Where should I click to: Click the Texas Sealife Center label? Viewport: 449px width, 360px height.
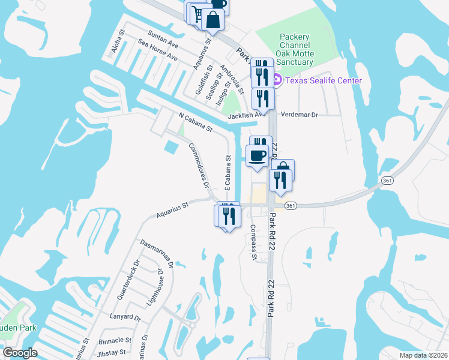[x=324, y=80]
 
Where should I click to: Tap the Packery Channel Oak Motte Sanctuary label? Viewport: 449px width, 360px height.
[x=295, y=50]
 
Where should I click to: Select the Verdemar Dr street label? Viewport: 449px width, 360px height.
[x=299, y=114]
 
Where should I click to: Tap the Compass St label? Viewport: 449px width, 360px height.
[x=254, y=242]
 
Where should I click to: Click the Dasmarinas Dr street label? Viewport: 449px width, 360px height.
[x=157, y=253]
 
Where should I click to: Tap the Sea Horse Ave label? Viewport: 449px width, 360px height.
[x=158, y=50]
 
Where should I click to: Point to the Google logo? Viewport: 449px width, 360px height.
[x=20, y=353]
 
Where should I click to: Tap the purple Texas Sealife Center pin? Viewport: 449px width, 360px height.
[x=277, y=80]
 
